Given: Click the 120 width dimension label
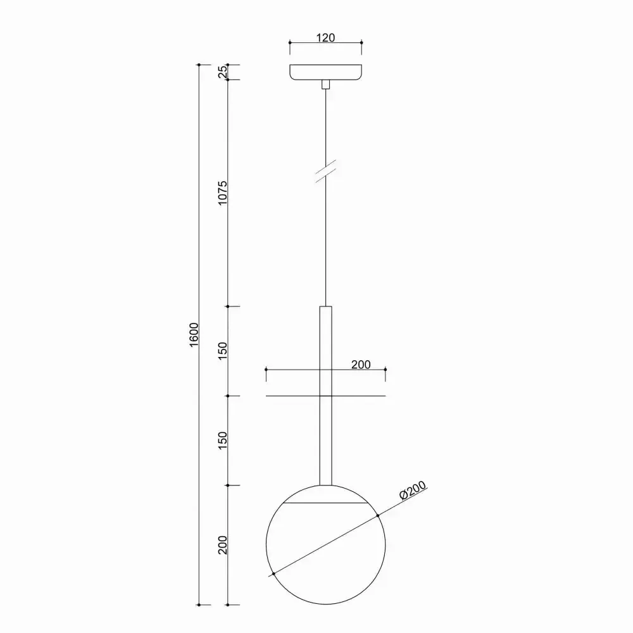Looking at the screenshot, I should point(325,37).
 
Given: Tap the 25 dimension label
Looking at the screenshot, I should point(222,72).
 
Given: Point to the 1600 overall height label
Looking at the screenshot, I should point(194,335).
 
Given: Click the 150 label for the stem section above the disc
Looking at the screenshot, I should point(222,351).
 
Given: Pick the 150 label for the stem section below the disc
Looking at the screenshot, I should point(222,441).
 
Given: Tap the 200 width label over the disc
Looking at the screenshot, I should point(360,365).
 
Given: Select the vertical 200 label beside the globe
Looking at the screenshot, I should point(222,545).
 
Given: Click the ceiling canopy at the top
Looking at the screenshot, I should point(325,72).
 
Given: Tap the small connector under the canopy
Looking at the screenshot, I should point(325,84).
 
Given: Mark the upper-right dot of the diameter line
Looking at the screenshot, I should point(378,516).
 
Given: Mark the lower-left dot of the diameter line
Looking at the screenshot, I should point(273,574).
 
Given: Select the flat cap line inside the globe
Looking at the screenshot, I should point(325,503).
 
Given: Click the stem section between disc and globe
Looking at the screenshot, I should point(325,441).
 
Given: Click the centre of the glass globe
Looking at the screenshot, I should point(325,545).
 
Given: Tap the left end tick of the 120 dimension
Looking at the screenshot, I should point(289,42).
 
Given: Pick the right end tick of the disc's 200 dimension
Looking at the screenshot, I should point(385,369).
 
